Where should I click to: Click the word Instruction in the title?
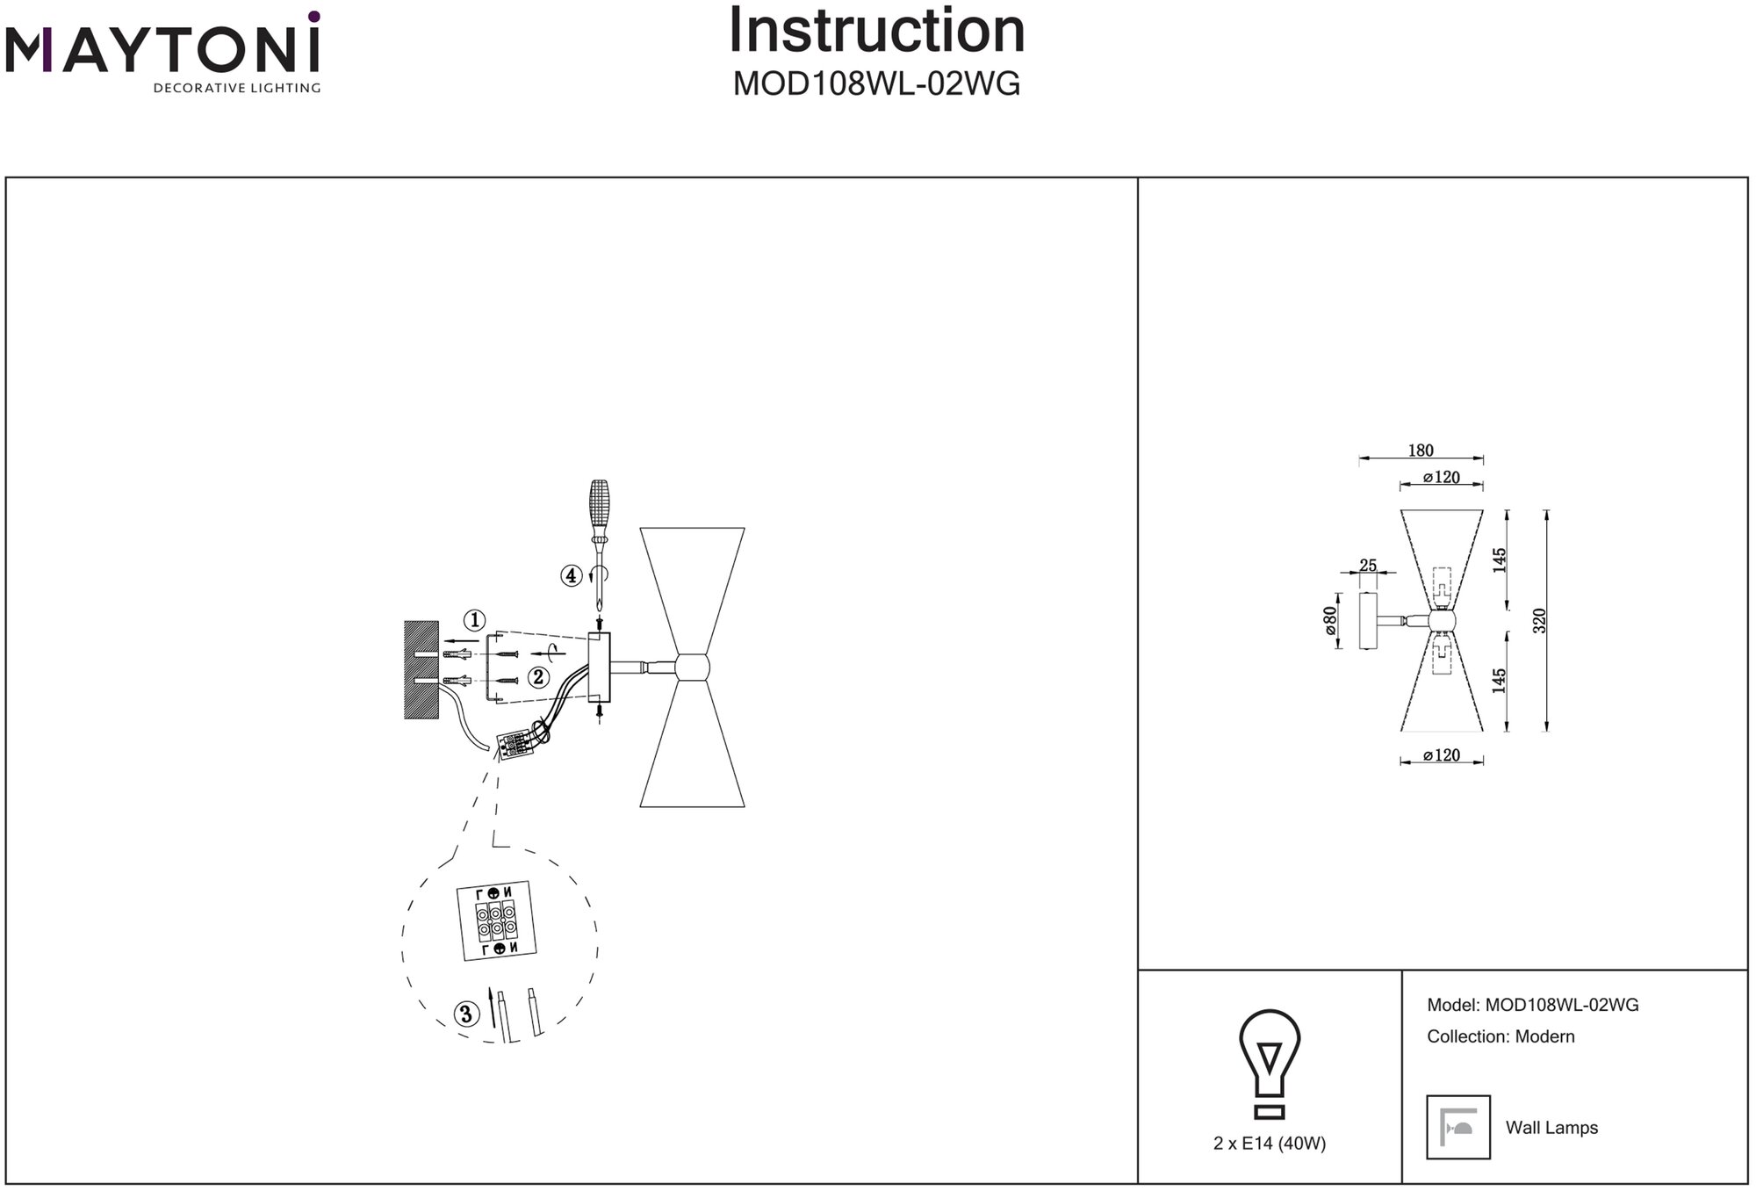(877, 32)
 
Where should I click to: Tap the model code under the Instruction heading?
(876, 84)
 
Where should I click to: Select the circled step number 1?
(474, 621)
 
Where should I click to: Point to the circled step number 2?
(538, 677)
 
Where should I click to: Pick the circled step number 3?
(466, 1015)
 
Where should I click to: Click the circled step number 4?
(572, 576)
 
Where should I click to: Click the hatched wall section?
(421, 669)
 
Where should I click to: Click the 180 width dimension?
(1421, 451)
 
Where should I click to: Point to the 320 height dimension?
(1538, 620)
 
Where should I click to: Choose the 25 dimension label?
(1368, 566)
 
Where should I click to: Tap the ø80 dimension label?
(1330, 620)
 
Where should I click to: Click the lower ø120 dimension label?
(1442, 755)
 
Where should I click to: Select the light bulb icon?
(1270, 1063)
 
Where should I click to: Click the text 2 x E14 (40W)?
(1270, 1144)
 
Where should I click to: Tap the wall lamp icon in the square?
(1458, 1127)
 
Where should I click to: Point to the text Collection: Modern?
(1501, 1036)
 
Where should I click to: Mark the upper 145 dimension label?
(1500, 560)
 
